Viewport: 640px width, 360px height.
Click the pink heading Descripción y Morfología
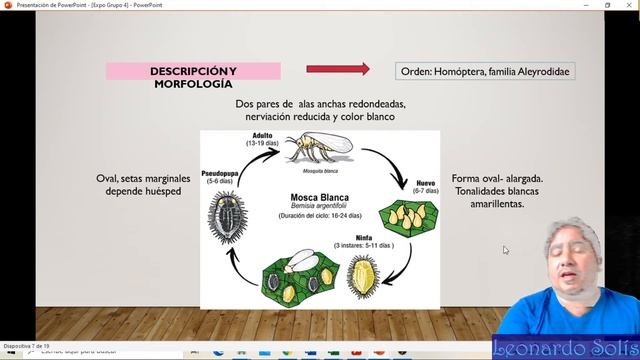(x=193, y=77)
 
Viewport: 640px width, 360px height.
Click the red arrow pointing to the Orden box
(x=337, y=69)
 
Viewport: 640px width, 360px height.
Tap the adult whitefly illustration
(x=318, y=148)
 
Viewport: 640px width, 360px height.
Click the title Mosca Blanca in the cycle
(x=317, y=197)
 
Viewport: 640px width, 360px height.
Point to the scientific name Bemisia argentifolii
(x=317, y=206)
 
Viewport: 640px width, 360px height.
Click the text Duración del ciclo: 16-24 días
(x=317, y=217)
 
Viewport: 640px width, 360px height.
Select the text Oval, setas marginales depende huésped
(x=143, y=184)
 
